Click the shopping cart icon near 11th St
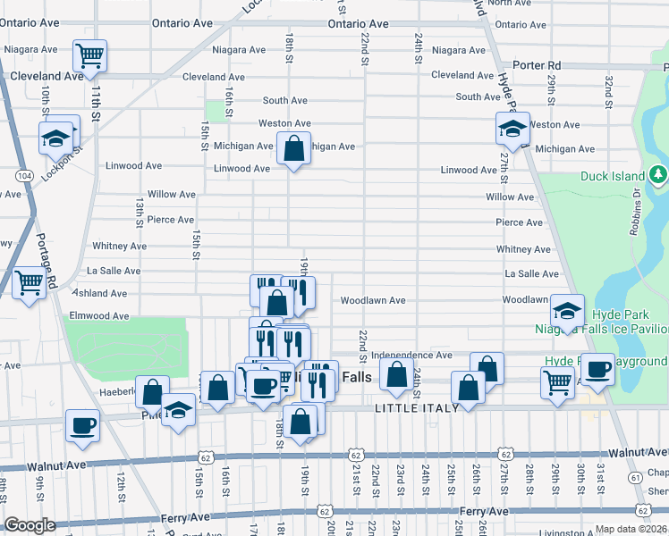tap(89, 55)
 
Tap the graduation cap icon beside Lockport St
tap(55, 138)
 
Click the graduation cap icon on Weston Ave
tap(512, 129)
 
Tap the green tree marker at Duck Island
tap(659, 173)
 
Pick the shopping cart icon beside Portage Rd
tap(30, 283)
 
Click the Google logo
tap(30, 525)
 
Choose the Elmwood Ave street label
tap(99, 315)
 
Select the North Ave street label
tap(510, 4)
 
